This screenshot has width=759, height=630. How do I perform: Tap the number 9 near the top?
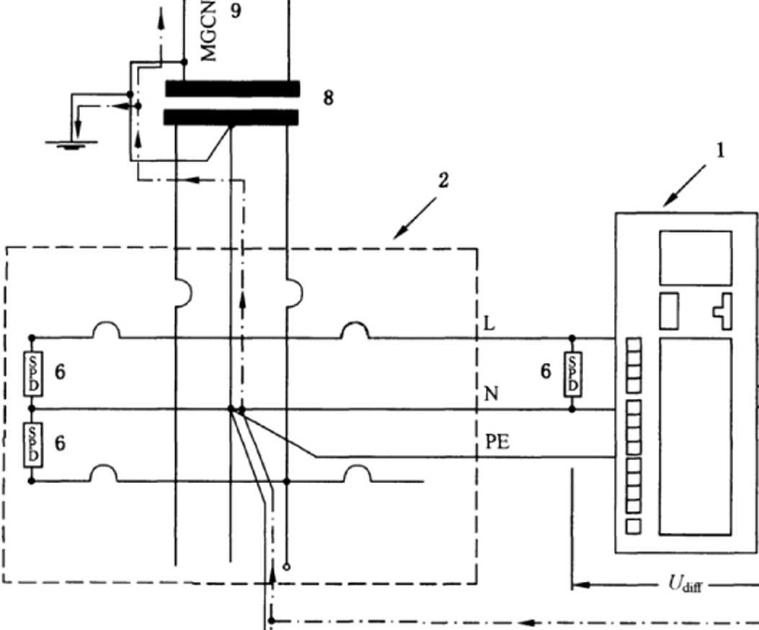(236, 13)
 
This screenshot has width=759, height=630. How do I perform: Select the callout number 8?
(328, 98)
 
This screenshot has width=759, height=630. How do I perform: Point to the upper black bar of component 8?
(232, 89)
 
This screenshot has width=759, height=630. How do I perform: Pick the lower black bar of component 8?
(232, 117)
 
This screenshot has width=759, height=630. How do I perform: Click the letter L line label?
(490, 325)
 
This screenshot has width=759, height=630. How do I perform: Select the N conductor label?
(492, 394)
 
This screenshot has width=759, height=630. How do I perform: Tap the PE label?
(497, 441)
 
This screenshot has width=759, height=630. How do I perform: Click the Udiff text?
(681, 584)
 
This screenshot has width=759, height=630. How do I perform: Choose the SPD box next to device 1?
(572, 373)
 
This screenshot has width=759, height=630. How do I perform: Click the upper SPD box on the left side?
(32, 373)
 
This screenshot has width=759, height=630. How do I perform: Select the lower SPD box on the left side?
(32, 445)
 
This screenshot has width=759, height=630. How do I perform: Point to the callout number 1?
(719, 150)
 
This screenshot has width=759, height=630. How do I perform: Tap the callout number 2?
(443, 179)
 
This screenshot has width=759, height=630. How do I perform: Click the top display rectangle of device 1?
(696, 257)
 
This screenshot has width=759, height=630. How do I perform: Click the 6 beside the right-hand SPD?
(546, 371)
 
